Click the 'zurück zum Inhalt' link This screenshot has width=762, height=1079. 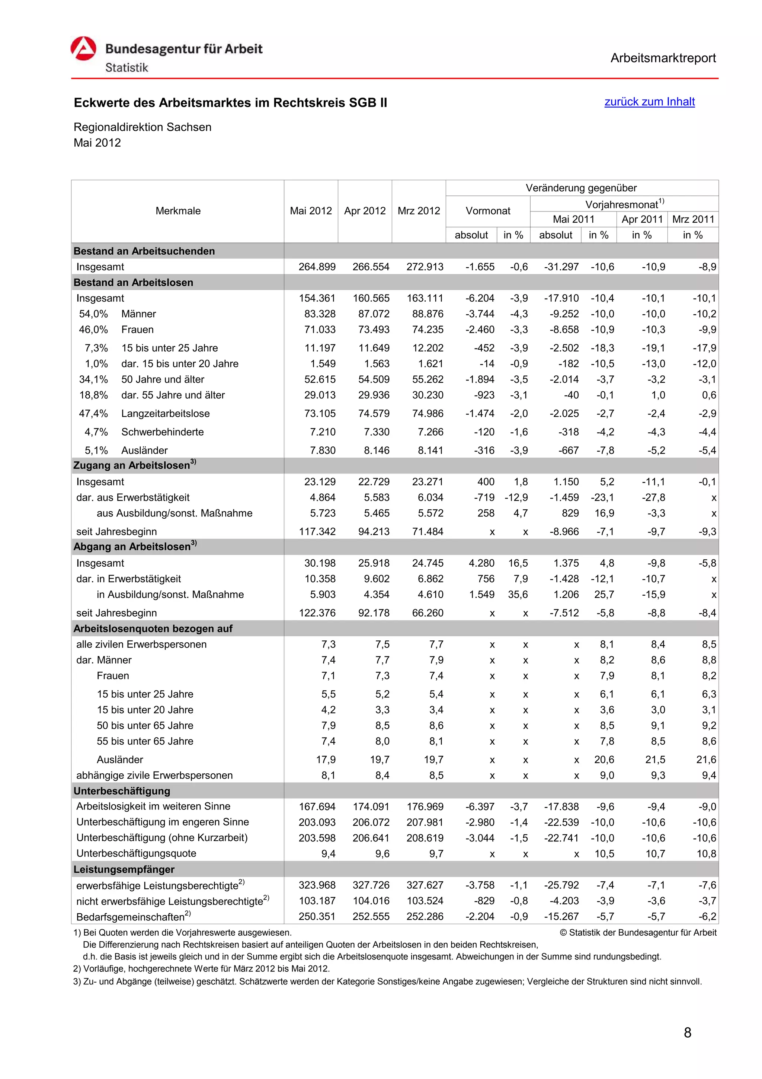click(649, 102)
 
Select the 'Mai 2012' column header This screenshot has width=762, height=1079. click(310, 211)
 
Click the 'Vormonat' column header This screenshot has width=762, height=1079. click(487, 211)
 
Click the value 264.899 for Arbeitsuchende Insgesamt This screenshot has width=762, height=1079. click(317, 267)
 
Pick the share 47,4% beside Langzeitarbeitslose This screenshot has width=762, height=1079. click(93, 414)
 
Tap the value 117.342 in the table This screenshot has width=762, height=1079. click(317, 532)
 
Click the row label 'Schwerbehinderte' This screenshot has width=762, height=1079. click(163, 432)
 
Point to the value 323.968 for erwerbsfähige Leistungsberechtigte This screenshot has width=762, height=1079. click(317, 885)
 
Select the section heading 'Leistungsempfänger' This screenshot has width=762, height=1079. click(124, 869)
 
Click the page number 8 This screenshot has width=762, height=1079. click(687, 1032)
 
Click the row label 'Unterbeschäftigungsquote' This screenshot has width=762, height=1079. click(136, 853)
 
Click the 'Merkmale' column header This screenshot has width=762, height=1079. click(178, 211)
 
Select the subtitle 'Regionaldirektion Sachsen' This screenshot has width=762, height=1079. click(142, 127)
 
